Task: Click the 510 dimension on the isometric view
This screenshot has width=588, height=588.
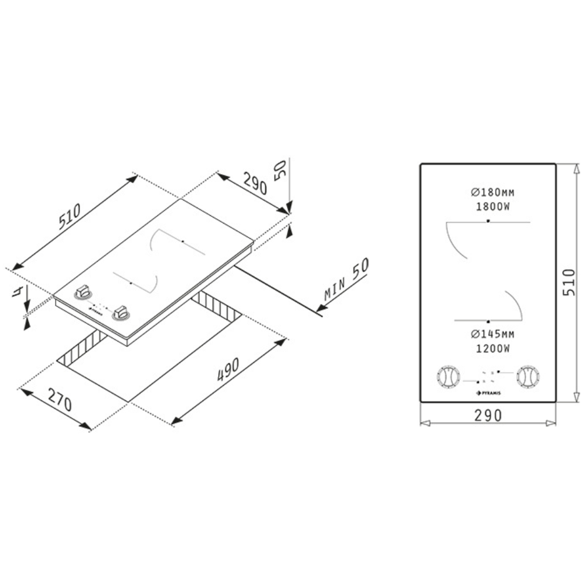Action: (x=70, y=216)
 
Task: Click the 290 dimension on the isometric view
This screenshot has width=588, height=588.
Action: (x=255, y=183)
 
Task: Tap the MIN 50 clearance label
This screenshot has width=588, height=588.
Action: (x=347, y=279)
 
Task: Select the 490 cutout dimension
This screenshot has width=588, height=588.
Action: (x=228, y=370)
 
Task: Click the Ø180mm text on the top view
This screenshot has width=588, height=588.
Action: (x=493, y=192)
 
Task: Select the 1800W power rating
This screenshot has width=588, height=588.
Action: (x=493, y=206)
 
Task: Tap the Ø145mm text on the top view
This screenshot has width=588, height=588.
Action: (x=493, y=334)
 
